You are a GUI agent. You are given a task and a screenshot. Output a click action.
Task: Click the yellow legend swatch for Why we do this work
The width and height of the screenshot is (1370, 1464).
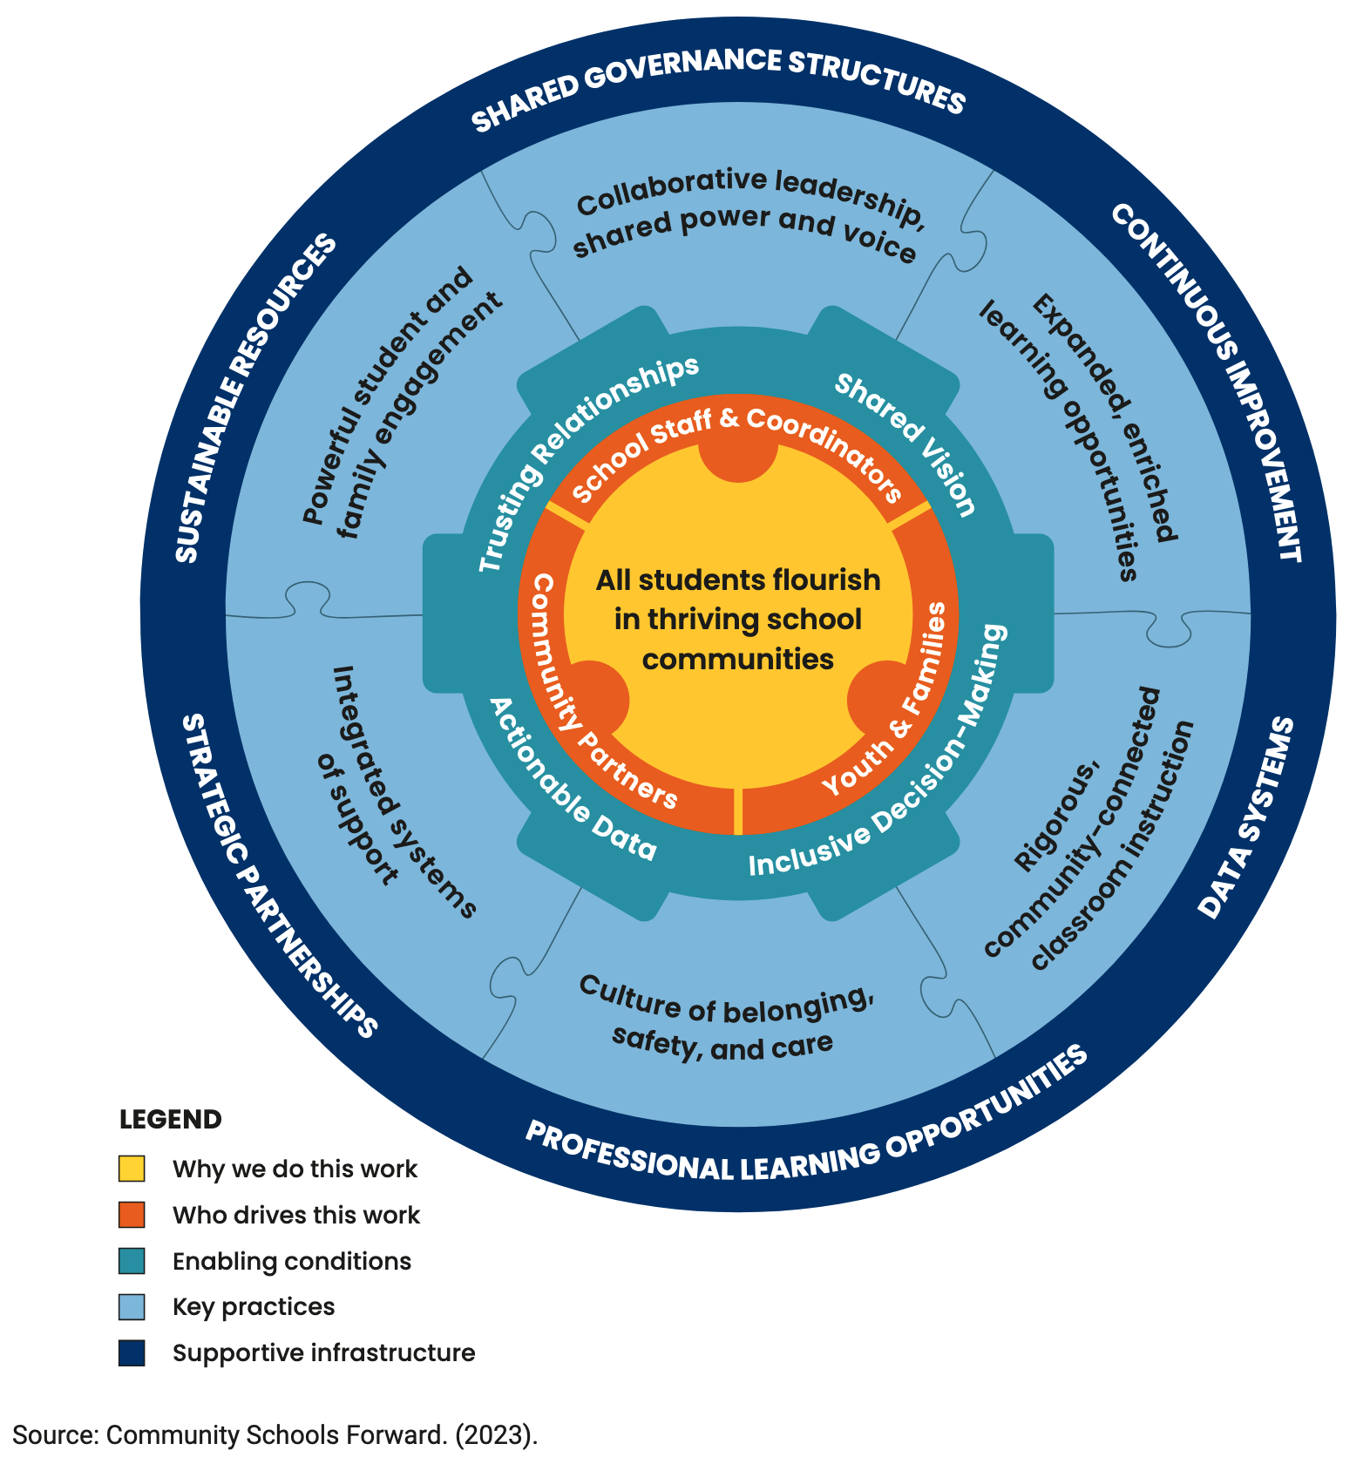pyautogui.click(x=132, y=1169)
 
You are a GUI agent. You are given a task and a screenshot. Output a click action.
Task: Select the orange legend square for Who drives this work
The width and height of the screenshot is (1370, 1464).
pyautogui.click(x=132, y=1215)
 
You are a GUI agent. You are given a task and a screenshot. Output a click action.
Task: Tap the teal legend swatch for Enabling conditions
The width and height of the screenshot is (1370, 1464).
pyautogui.click(x=132, y=1261)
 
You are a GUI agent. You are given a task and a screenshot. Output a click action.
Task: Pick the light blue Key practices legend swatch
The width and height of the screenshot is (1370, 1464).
pyautogui.click(x=132, y=1307)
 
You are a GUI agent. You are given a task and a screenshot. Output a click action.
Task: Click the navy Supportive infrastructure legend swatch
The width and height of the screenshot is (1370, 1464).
pyautogui.click(x=132, y=1353)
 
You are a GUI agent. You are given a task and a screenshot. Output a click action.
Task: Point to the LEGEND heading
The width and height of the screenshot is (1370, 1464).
pyautogui.click(x=171, y=1120)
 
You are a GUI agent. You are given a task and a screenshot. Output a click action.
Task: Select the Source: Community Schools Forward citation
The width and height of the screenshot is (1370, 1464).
pyautogui.click(x=275, y=1435)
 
